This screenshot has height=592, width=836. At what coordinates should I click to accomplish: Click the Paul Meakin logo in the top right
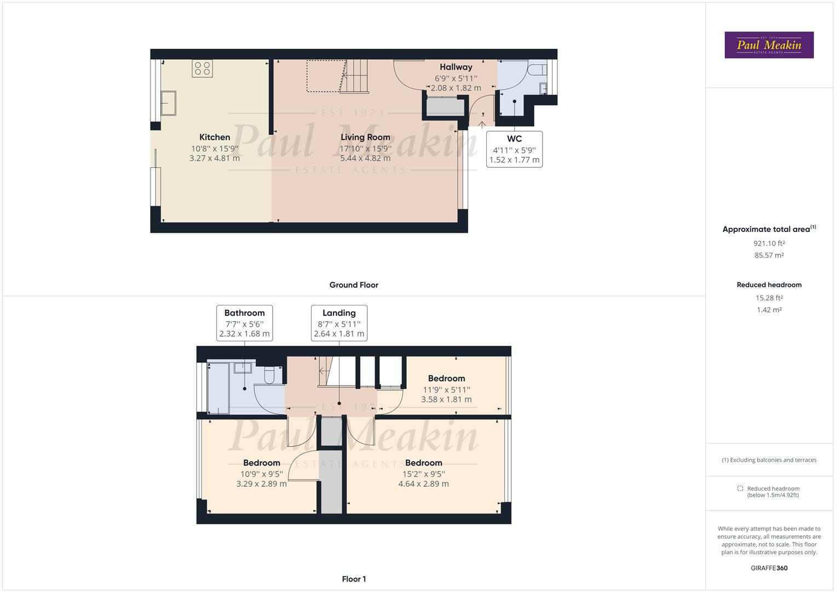coord(769,45)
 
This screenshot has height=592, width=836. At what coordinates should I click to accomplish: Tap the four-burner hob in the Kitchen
coord(202,69)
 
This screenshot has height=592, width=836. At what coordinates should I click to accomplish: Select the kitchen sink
coord(168,103)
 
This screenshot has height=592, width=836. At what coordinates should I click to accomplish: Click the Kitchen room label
coord(215,137)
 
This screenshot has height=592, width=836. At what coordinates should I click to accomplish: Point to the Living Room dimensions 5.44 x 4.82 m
coord(365,158)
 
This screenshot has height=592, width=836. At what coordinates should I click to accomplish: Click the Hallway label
coord(456,67)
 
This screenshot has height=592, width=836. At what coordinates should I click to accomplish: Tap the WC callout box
coord(514,149)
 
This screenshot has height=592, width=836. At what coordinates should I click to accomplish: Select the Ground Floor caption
coord(354,285)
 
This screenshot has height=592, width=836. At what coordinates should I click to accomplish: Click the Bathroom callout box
coord(244,323)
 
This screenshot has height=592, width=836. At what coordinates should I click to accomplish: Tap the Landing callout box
coord(339,323)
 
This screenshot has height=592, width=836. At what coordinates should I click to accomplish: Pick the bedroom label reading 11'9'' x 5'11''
coord(446,390)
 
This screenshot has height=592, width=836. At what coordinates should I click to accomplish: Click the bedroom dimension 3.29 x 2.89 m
coord(261,484)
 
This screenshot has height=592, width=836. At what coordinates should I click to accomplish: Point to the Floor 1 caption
coord(354,579)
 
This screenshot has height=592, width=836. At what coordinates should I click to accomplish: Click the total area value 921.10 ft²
coord(769,243)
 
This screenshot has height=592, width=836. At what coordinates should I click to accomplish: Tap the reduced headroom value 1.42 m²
coord(769,310)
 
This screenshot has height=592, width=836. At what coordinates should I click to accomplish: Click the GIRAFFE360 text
coord(769,568)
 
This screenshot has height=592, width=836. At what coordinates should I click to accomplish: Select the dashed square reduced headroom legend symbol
coord(740,488)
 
